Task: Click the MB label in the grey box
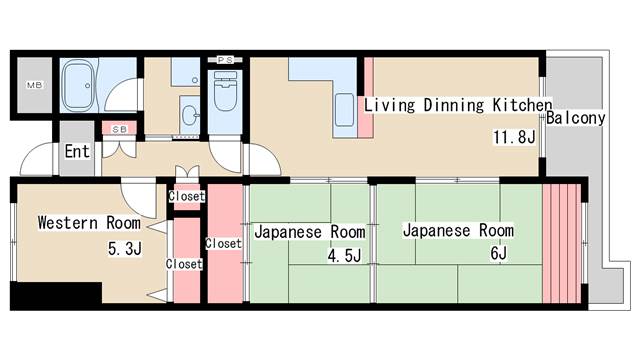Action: pos(33,87)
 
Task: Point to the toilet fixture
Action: pos(222,95)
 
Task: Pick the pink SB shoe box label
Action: pos(118,129)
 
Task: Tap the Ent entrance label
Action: pos(78,152)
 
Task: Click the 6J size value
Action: pos(497,255)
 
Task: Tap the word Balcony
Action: pos(577,118)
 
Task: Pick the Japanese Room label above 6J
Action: pos(458,231)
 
